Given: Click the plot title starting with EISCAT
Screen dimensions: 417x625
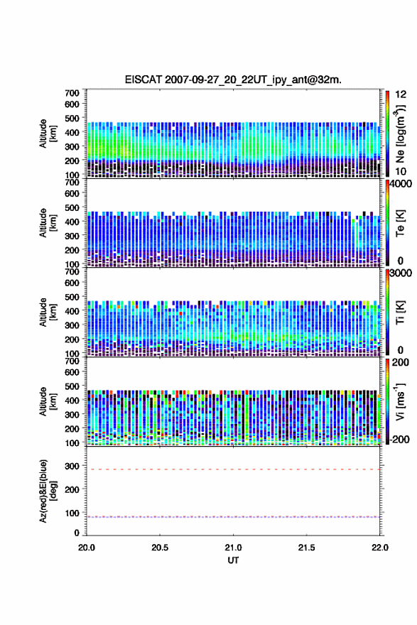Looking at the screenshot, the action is (x=233, y=80).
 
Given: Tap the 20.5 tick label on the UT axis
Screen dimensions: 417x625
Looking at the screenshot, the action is (x=160, y=548).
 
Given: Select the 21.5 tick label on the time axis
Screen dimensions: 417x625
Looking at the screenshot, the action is (x=306, y=548).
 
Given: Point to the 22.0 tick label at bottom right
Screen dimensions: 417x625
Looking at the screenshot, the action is (x=379, y=548).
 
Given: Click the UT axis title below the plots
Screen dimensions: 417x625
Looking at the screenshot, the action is (x=233, y=560).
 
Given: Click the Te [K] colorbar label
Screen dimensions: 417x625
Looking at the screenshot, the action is (x=400, y=223).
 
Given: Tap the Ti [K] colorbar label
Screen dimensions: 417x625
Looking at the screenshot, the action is (x=400, y=312).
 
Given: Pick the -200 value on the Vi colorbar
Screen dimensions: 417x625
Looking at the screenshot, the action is (x=398, y=439).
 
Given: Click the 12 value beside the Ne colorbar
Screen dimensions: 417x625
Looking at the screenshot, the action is (x=401, y=94).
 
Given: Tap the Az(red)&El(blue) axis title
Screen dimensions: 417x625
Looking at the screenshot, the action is (x=48, y=491).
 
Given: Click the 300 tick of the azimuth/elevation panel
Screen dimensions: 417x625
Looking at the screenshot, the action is (x=72, y=466).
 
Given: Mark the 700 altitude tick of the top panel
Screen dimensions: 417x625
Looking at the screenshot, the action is (x=72, y=93).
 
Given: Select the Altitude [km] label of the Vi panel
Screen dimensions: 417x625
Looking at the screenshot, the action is (x=48, y=401).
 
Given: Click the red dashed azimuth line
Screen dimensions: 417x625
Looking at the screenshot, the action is (x=233, y=469).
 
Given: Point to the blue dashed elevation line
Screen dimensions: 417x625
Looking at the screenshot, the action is (x=233, y=517).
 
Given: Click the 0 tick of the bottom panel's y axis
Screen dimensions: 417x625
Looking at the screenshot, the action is (x=77, y=533).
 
